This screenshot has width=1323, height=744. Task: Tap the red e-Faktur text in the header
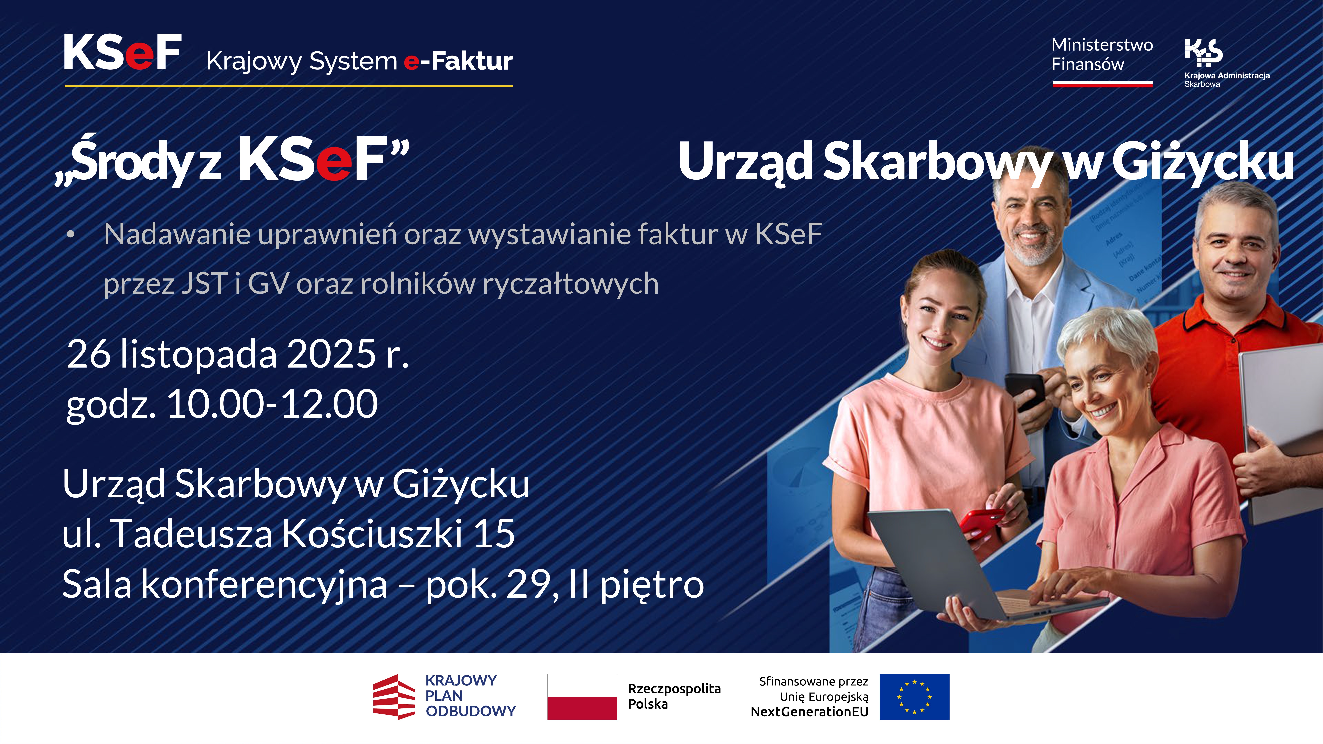[458, 61]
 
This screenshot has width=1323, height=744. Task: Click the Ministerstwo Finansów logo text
[1102, 54]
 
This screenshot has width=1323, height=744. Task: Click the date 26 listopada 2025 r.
[237, 354]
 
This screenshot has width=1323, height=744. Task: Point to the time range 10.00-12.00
[272, 404]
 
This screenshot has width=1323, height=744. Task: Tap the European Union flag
[914, 697]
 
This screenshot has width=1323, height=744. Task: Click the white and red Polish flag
[582, 697]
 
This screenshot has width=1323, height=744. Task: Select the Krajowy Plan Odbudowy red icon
[393, 697]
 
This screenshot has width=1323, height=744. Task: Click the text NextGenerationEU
[809, 712]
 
